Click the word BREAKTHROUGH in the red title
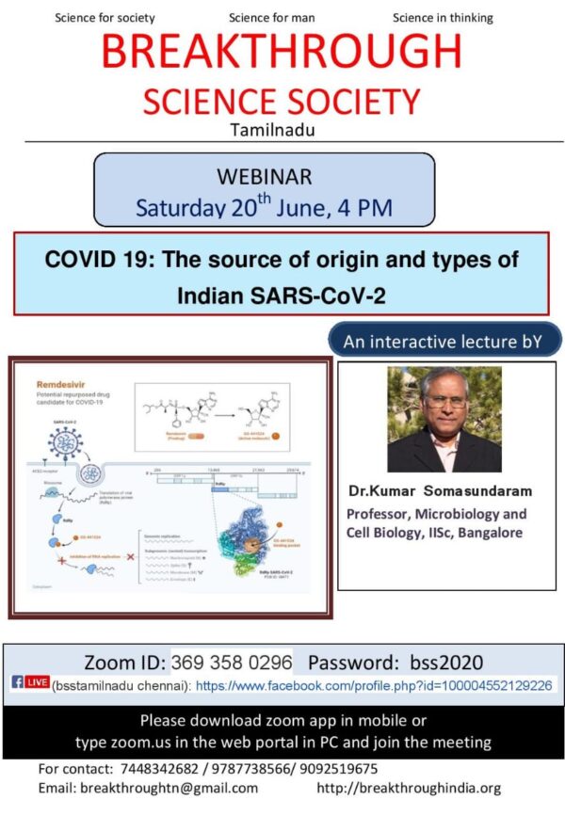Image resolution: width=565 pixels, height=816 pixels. (282, 53)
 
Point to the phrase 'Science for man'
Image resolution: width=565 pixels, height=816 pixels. (273, 18)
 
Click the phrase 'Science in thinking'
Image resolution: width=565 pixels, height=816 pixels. (442, 18)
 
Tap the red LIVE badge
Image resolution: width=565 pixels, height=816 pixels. (38, 683)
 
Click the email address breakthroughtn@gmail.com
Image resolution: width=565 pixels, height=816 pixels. (169, 788)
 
